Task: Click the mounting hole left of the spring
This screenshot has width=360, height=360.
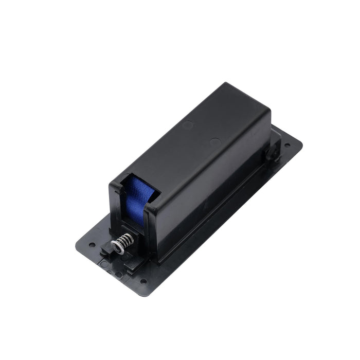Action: pyautogui.click(x=93, y=245)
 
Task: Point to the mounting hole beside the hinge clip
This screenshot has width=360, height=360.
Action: pyautogui.click(x=286, y=146)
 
